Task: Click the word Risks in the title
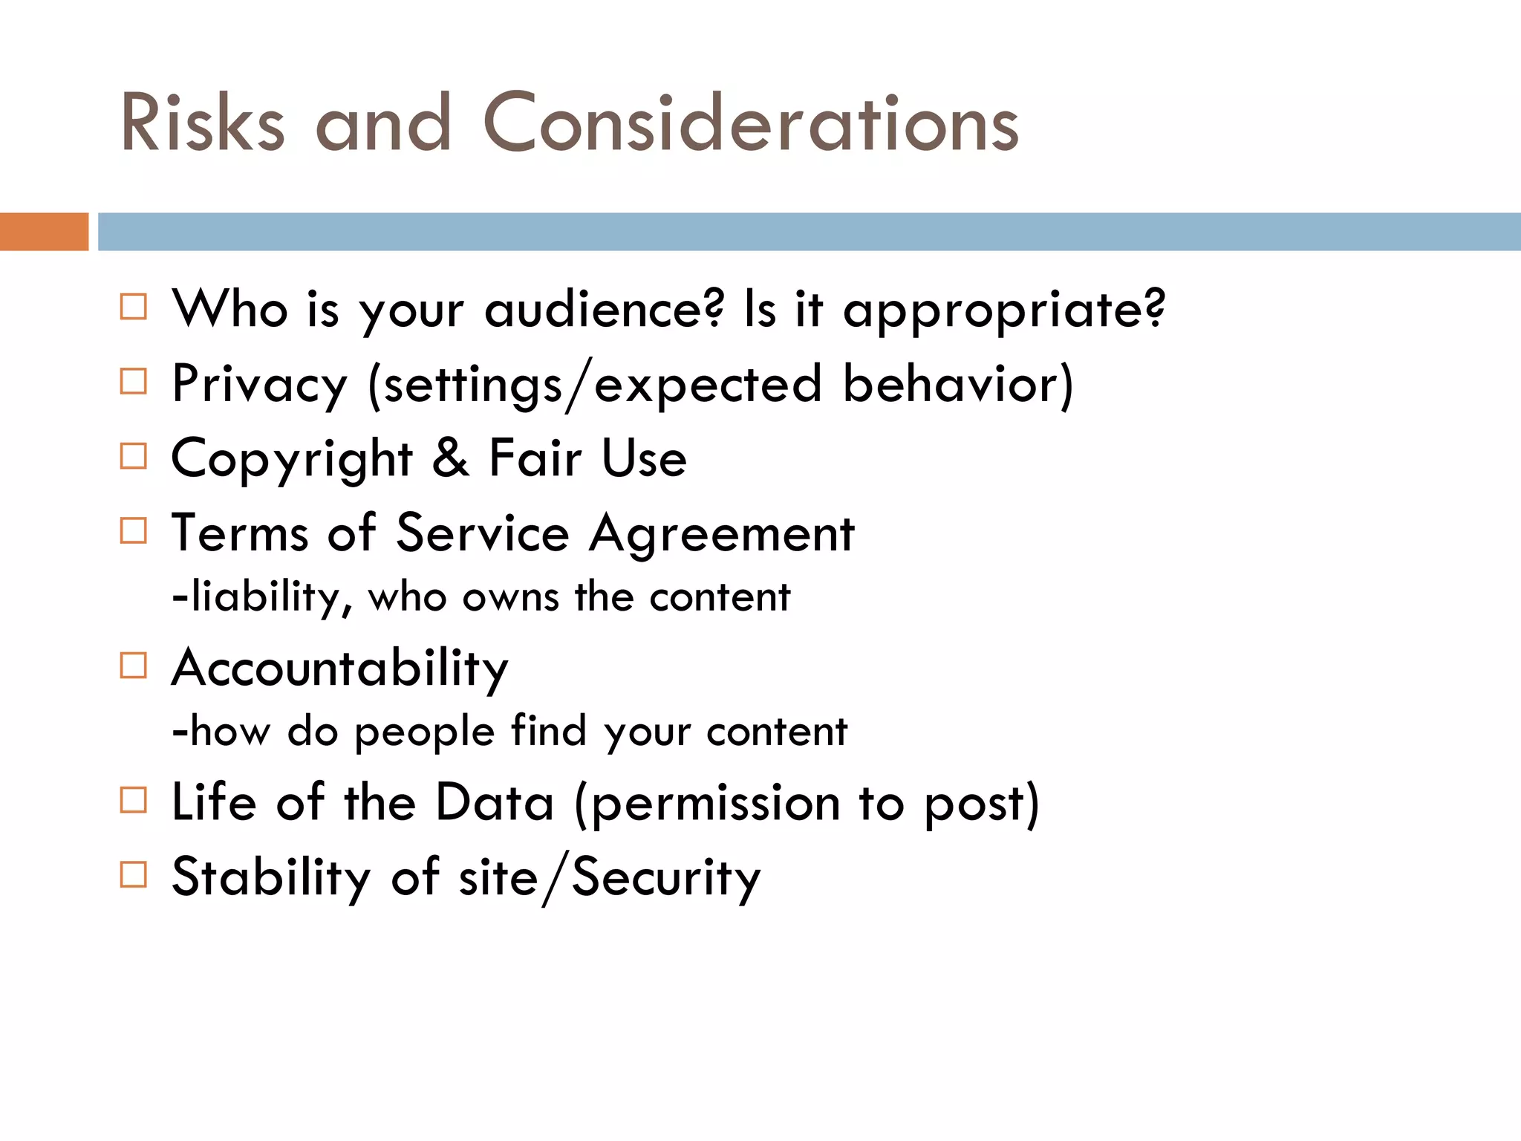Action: coord(202,123)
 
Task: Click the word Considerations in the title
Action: coord(750,123)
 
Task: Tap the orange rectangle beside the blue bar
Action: coord(44,232)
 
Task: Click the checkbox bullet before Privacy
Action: coord(134,381)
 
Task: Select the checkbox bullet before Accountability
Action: coord(134,666)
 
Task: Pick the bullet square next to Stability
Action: coord(134,874)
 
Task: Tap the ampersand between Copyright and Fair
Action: coord(451,458)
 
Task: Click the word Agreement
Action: coord(722,535)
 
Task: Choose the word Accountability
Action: coord(340,669)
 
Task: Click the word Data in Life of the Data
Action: coord(495,802)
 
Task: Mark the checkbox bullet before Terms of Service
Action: coord(134,530)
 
